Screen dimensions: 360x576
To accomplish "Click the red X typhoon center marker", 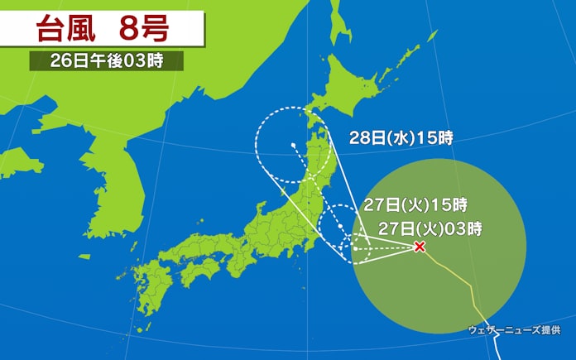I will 420,247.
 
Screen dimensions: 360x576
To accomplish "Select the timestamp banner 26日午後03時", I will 106,61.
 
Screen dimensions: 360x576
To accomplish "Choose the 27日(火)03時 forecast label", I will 430,226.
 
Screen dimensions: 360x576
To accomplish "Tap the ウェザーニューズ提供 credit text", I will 515,329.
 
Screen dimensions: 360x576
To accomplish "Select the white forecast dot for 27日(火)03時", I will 355,247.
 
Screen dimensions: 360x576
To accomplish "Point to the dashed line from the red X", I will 389,247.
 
